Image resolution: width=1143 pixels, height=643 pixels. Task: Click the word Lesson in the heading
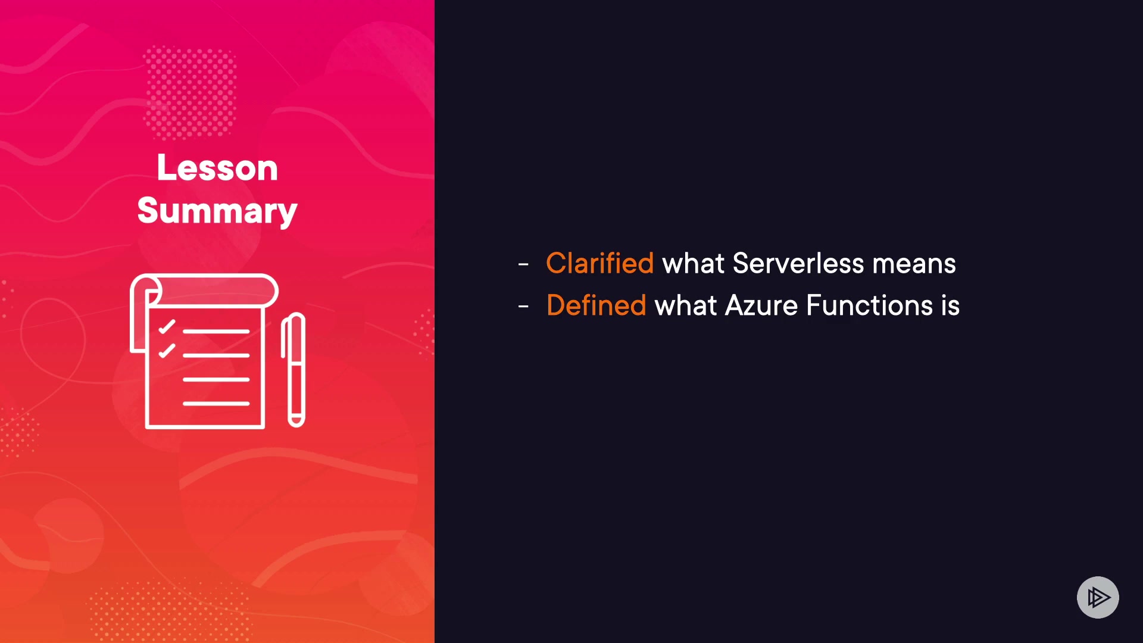click(x=217, y=167)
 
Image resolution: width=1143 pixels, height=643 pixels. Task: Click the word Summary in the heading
click(x=217, y=211)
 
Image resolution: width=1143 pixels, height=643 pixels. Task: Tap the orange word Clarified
click(x=599, y=263)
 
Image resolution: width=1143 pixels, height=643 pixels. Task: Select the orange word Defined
click(x=596, y=305)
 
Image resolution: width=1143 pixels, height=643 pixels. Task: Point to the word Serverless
click(x=798, y=263)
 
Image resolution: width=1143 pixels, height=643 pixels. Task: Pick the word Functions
click(x=869, y=305)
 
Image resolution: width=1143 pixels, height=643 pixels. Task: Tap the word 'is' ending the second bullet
click(x=950, y=305)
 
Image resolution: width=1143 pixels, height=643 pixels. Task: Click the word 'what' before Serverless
click(x=693, y=263)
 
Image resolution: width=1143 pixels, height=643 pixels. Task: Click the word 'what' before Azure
click(x=686, y=305)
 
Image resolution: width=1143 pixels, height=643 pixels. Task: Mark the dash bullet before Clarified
click(x=523, y=264)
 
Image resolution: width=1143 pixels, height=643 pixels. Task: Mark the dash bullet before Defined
click(x=523, y=307)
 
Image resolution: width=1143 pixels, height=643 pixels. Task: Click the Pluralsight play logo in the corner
click(x=1098, y=597)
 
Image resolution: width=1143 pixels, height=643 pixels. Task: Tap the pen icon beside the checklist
click(x=293, y=370)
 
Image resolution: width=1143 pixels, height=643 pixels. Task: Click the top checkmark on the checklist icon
click(x=167, y=327)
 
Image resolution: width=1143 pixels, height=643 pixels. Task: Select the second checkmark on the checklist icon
click(x=167, y=351)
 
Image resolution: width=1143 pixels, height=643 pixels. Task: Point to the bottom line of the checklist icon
click(x=216, y=404)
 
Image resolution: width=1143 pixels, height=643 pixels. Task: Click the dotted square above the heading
click(x=190, y=92)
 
